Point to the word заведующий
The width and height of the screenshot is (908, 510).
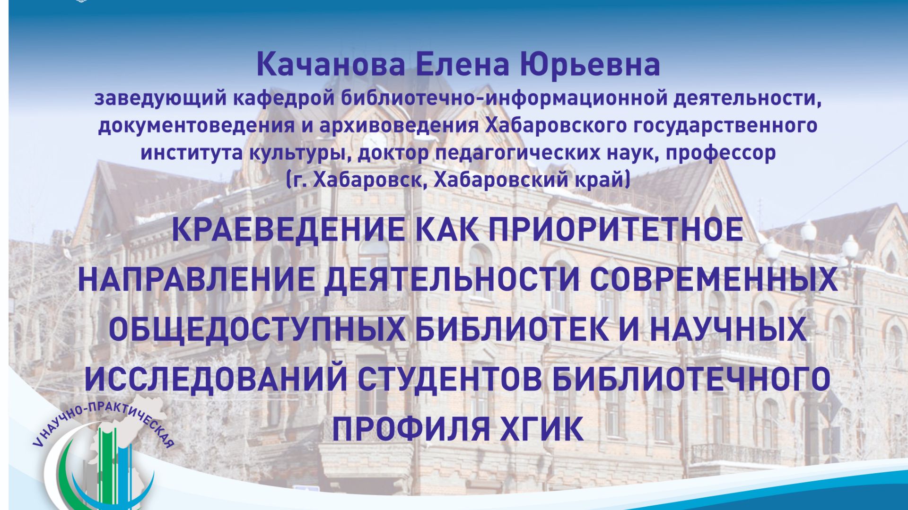(161, 98)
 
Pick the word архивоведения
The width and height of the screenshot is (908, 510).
(399, 125)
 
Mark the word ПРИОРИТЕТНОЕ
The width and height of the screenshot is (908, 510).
(616, 230)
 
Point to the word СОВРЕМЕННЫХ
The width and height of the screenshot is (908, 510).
(714, 279)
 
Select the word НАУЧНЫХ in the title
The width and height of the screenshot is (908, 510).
(728, 329)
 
